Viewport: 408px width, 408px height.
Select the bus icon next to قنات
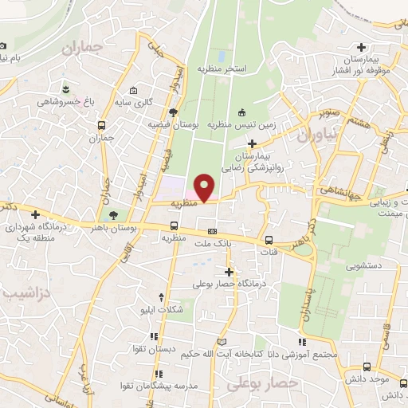click(269, 240)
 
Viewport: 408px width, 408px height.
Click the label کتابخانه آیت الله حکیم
click(243, 354)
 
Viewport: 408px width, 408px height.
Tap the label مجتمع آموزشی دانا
click(312, 354)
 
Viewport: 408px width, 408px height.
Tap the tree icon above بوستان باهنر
click(112, 214)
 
